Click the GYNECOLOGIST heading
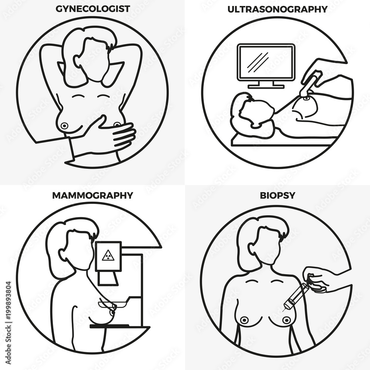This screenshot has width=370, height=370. (93, 9)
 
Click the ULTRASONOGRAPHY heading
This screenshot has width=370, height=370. (277, 9)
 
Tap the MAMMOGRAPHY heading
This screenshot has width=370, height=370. (92, 195)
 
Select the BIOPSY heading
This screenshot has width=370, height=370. (277, 195)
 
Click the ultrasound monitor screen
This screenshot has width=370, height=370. (266, 62)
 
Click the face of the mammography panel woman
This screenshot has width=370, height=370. (77, 250)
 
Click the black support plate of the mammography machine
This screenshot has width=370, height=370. (119, 327)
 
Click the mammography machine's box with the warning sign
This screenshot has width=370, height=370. (108, 256)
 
